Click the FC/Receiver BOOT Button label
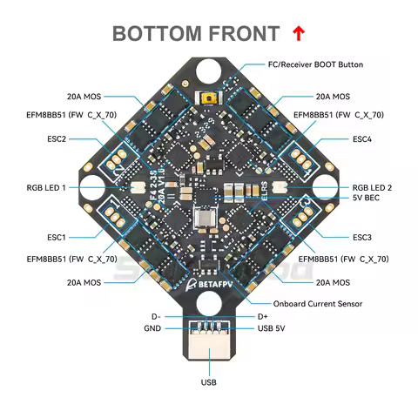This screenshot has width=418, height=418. point(313,64)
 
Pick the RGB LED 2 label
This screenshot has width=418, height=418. point(372,187)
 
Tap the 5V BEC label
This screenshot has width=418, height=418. point(366,199)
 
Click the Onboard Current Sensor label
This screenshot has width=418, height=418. point(317,303)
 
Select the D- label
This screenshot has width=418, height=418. point(156,316)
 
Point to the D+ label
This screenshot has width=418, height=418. point(263,316)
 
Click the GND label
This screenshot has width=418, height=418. point(152,327)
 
